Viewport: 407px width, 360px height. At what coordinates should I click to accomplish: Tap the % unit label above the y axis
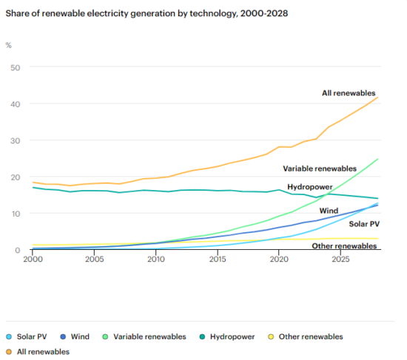point(9,46)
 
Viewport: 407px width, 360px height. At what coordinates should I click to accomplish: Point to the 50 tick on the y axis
point(13,68)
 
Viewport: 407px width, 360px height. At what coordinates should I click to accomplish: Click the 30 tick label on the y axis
point(13,140)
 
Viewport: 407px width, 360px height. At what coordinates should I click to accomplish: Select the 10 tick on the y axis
point(13,214)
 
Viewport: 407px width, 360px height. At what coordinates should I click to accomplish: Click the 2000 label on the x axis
point(33,259)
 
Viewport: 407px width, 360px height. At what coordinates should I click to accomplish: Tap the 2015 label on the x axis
point(218,259)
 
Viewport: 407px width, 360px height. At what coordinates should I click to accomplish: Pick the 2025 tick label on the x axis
point(340,259)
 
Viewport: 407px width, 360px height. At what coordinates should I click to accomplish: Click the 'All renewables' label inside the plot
point(349,93)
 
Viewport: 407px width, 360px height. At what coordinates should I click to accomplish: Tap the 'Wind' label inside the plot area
point(329,211)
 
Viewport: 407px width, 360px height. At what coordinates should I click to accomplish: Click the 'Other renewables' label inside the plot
point(343,245)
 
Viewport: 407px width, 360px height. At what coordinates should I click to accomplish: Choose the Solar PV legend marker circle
point(10,336)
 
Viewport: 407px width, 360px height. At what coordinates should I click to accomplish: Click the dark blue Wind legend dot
point(64,336)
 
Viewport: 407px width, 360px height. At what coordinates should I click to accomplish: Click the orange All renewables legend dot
point(10,352)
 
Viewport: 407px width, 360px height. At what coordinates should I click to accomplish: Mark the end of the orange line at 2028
point(377,98)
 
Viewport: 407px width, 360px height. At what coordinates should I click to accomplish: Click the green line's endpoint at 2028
point(377,159)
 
